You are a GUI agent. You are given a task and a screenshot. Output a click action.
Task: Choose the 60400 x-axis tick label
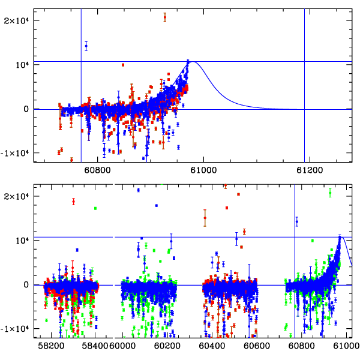coord(213,346)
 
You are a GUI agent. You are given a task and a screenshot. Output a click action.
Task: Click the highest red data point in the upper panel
coord(165,17)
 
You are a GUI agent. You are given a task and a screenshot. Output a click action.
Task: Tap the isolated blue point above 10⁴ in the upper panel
coord(86,46)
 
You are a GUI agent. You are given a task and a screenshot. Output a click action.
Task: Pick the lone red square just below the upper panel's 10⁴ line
coord(123,65)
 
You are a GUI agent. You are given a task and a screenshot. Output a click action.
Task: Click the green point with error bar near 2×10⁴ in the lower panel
coord(330,193)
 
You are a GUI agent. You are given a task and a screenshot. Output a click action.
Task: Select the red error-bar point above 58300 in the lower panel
coord(74,202)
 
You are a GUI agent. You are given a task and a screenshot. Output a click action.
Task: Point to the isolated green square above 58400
coord(95,208)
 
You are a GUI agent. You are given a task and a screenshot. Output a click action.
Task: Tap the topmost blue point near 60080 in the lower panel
coord(138,190)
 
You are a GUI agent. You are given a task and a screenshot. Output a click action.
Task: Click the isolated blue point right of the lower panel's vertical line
coord(296,221)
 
